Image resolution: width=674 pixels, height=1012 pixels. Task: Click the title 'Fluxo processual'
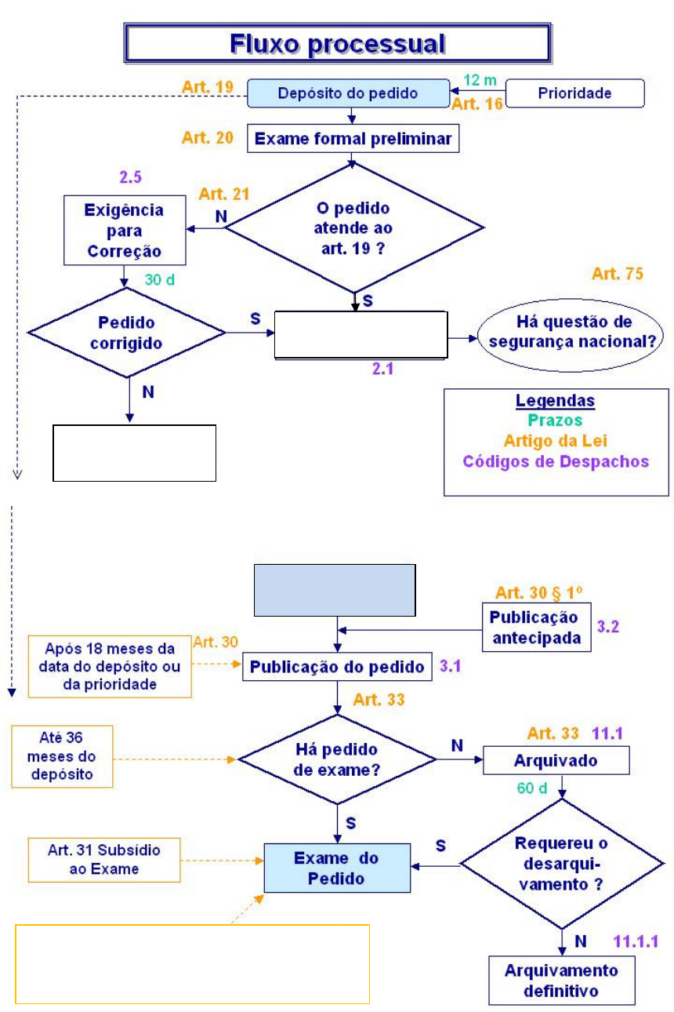click(x=337, y=43)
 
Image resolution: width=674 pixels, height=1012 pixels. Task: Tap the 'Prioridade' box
click(x=574, y=93)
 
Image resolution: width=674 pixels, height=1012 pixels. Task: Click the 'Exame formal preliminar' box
click(x=352, y=140)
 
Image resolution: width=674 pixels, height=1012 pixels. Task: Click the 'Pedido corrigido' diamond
click(x=126, y=333)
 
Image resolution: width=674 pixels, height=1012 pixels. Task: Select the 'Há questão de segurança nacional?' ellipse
click(x=570, y=332)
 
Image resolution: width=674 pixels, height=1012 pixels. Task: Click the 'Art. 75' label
click(x=618, y=275)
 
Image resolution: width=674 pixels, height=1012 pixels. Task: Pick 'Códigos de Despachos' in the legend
click(x=556, y=461)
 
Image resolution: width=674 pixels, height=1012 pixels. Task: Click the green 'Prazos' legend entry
click(x=556, y=421)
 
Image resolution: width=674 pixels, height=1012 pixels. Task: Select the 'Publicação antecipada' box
click(x=536, y=627)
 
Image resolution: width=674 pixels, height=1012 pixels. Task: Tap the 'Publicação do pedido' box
click(x=337, y=668)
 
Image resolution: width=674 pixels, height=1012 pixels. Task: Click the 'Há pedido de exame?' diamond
click(x=336, y=759)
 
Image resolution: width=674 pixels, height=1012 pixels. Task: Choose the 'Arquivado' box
click(x=556, y=760)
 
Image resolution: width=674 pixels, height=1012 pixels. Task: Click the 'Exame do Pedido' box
click(x=336, y=868)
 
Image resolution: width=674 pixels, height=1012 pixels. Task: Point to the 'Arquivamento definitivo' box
click(x=561, y=980)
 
